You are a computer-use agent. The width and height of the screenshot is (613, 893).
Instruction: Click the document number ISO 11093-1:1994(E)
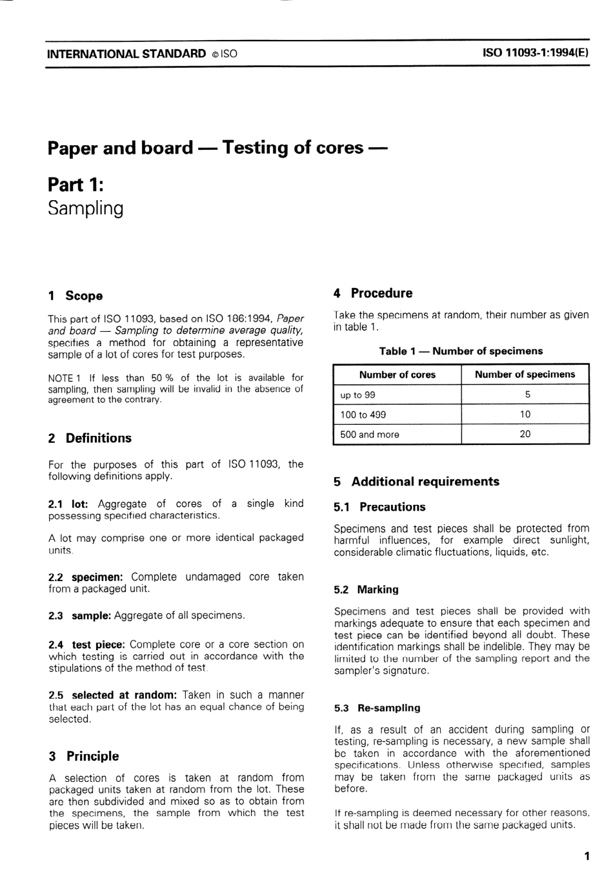[x=535, y=54]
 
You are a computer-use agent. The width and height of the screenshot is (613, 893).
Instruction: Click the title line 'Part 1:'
[x=75, y=185]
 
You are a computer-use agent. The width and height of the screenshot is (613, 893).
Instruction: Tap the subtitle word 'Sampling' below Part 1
[x=85, y=209]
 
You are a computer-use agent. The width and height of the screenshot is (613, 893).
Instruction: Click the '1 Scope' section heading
[x=75, y=296]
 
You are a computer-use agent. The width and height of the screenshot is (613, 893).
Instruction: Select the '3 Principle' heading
[x=83, y=756]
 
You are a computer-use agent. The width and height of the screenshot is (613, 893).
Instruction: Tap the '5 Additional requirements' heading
[x=416, y=482]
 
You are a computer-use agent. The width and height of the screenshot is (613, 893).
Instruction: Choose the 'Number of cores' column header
[x=397, y=375]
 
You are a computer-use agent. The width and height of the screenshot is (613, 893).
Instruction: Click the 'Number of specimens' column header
[x=525, y=375]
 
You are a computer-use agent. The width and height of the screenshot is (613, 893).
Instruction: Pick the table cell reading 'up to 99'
[x=357, y=395]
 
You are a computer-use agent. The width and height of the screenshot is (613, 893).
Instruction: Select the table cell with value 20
[x=525, y=435]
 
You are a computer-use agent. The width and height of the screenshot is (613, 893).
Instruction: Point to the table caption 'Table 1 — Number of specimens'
[x=461, y=351]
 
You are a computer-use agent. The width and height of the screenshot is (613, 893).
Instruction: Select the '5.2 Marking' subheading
[x=366, y=590]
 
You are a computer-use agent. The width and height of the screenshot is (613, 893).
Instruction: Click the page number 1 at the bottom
[x=586, y=856]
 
